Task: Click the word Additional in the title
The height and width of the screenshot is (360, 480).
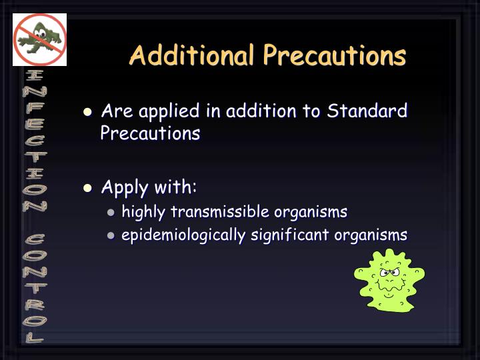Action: tap(191, 55)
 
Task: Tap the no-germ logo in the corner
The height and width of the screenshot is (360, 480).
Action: tap(40, 39)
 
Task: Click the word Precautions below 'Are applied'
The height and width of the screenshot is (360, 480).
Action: tap(150, 133)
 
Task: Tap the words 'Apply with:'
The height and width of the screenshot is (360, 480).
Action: tap(149, 187)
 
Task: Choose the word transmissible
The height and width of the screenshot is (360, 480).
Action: tap(220, 212)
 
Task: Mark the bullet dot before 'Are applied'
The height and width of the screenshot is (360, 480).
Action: tap(87, 112)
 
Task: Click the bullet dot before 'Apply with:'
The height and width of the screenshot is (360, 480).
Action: tap(87, 188)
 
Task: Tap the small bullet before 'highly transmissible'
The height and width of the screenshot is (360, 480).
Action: tap(111, 213)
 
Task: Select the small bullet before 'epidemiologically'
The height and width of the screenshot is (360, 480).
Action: tap(111, 236)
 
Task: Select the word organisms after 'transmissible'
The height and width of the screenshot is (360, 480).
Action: tap(311, 212)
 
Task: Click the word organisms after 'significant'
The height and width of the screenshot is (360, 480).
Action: tap(371, 235)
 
